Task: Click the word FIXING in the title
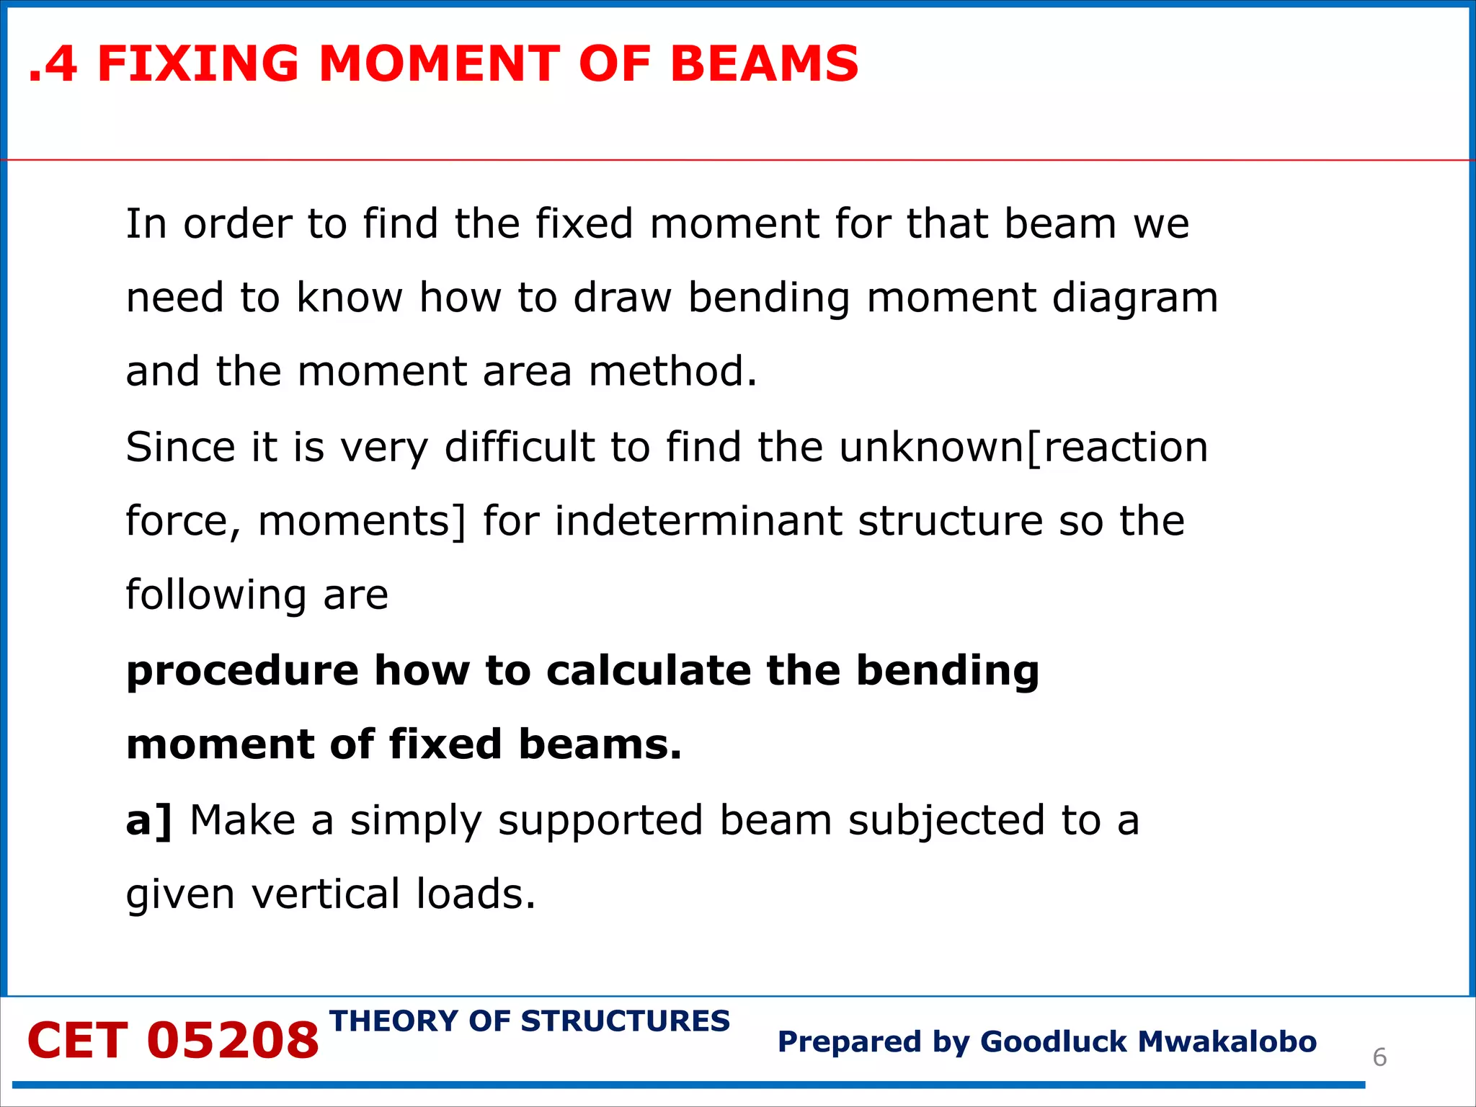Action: tap(198, 63)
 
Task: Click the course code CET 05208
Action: tap(173, 1041)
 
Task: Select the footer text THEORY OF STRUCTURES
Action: tap(530, 1021)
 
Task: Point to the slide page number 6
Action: tap(1379, 1057)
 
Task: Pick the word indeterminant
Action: tap(698, 521)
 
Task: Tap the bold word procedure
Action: tap(242, 672)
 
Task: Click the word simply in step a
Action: tap(416, 822)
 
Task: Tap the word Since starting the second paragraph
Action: tap(180, 447)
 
